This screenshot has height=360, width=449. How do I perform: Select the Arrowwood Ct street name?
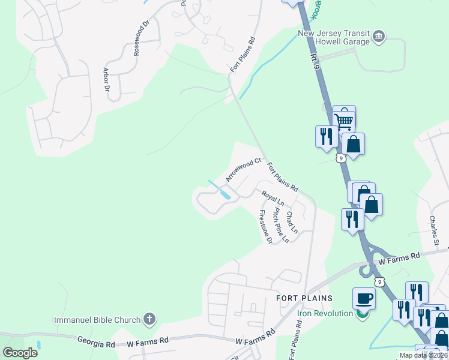[x=243, y=170]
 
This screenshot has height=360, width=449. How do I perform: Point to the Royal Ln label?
[x=272, y=199]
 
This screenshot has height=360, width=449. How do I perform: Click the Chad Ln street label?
[x=292, y=221]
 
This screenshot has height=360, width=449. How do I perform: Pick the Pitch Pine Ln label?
[x=280, y=225]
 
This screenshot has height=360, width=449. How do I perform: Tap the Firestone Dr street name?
[x=265, y=226]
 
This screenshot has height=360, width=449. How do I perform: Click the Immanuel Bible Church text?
[x=97, y=319]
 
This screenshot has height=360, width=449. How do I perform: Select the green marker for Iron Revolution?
[x=361, y=313]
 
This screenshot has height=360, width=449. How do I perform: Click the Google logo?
[x=20, y=352]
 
